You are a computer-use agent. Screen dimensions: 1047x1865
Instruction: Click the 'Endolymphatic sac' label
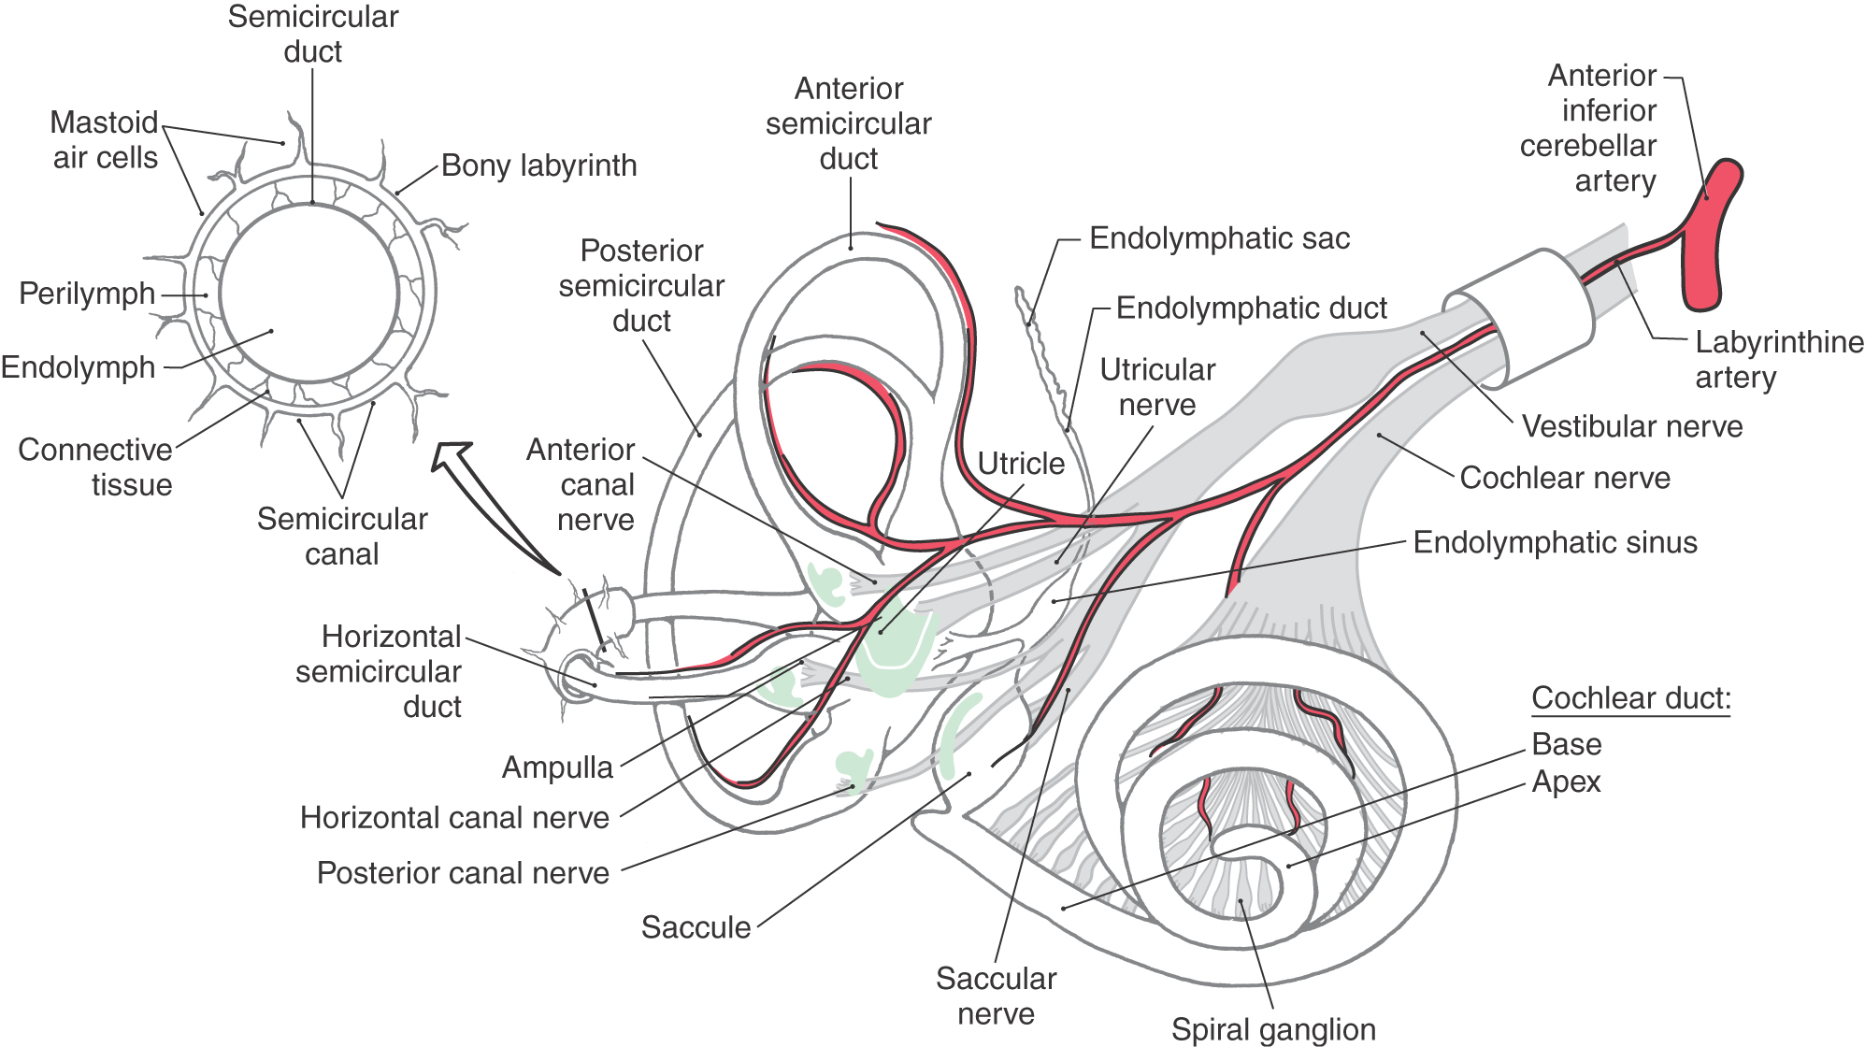(1219, 238)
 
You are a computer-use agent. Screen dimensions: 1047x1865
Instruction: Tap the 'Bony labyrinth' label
(538, 165)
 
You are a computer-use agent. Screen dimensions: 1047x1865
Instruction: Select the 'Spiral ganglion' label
(1273, 1029)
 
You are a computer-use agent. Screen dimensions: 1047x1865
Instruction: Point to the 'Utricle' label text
(1021, 464)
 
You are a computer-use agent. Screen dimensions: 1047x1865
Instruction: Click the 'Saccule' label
(696, 927)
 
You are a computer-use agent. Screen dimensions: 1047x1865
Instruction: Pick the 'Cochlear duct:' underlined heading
(1631, 698)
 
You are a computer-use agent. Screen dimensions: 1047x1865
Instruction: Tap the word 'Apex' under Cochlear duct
(1566, 782)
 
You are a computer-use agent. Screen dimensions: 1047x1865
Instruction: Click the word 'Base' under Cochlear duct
(1566, 744)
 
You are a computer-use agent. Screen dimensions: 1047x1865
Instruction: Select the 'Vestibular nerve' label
(1632, 426)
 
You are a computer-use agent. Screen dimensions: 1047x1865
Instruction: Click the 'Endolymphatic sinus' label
(1555, 542)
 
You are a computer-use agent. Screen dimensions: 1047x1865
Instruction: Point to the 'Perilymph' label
(87, 294)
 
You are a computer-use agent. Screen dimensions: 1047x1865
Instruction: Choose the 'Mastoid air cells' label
(105, 140)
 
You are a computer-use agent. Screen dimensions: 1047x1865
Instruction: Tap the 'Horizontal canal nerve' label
(454, 818)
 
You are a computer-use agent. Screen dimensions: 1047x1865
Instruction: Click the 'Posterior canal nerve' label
(463, 873)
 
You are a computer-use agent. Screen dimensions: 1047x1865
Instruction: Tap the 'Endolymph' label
(78, 367)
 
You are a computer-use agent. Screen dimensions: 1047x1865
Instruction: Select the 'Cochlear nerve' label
(1564, 478)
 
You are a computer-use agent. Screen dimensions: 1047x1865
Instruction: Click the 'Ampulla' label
(557, 767)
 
